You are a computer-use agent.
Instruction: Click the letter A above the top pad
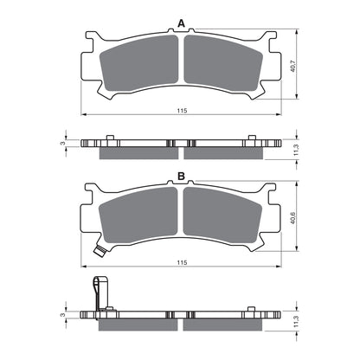[181, 22]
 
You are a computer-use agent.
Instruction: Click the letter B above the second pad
[181, 177]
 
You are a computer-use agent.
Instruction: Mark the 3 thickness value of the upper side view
[63, 138]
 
